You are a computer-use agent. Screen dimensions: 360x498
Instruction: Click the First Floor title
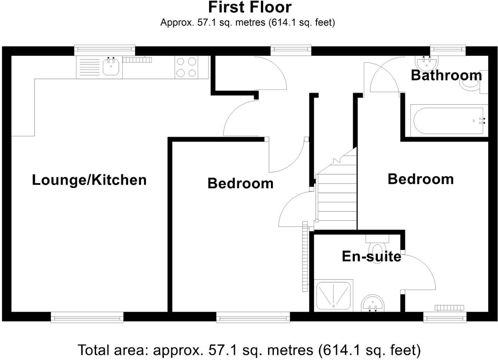249,8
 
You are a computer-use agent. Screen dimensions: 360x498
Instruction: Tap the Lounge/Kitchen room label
89,180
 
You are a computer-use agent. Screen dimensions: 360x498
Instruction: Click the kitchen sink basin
111,67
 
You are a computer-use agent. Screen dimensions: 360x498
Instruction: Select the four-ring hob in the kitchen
186,67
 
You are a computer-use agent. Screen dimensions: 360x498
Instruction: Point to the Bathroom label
446,75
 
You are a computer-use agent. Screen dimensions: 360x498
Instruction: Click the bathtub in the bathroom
448,121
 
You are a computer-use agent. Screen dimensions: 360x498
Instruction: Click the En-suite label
371,256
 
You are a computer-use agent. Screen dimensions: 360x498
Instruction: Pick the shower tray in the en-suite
333,295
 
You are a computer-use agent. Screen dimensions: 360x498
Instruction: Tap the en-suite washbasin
373,303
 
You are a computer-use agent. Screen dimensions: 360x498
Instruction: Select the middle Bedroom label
240,184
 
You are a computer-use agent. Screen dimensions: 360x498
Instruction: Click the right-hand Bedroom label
420,179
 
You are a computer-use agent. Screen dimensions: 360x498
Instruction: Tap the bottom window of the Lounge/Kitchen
87,317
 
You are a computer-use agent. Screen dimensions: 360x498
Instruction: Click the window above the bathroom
448,50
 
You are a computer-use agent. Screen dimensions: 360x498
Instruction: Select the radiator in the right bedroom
449,307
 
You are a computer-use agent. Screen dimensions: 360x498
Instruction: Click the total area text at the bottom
249,350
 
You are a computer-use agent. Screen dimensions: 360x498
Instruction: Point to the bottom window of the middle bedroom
253,317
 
